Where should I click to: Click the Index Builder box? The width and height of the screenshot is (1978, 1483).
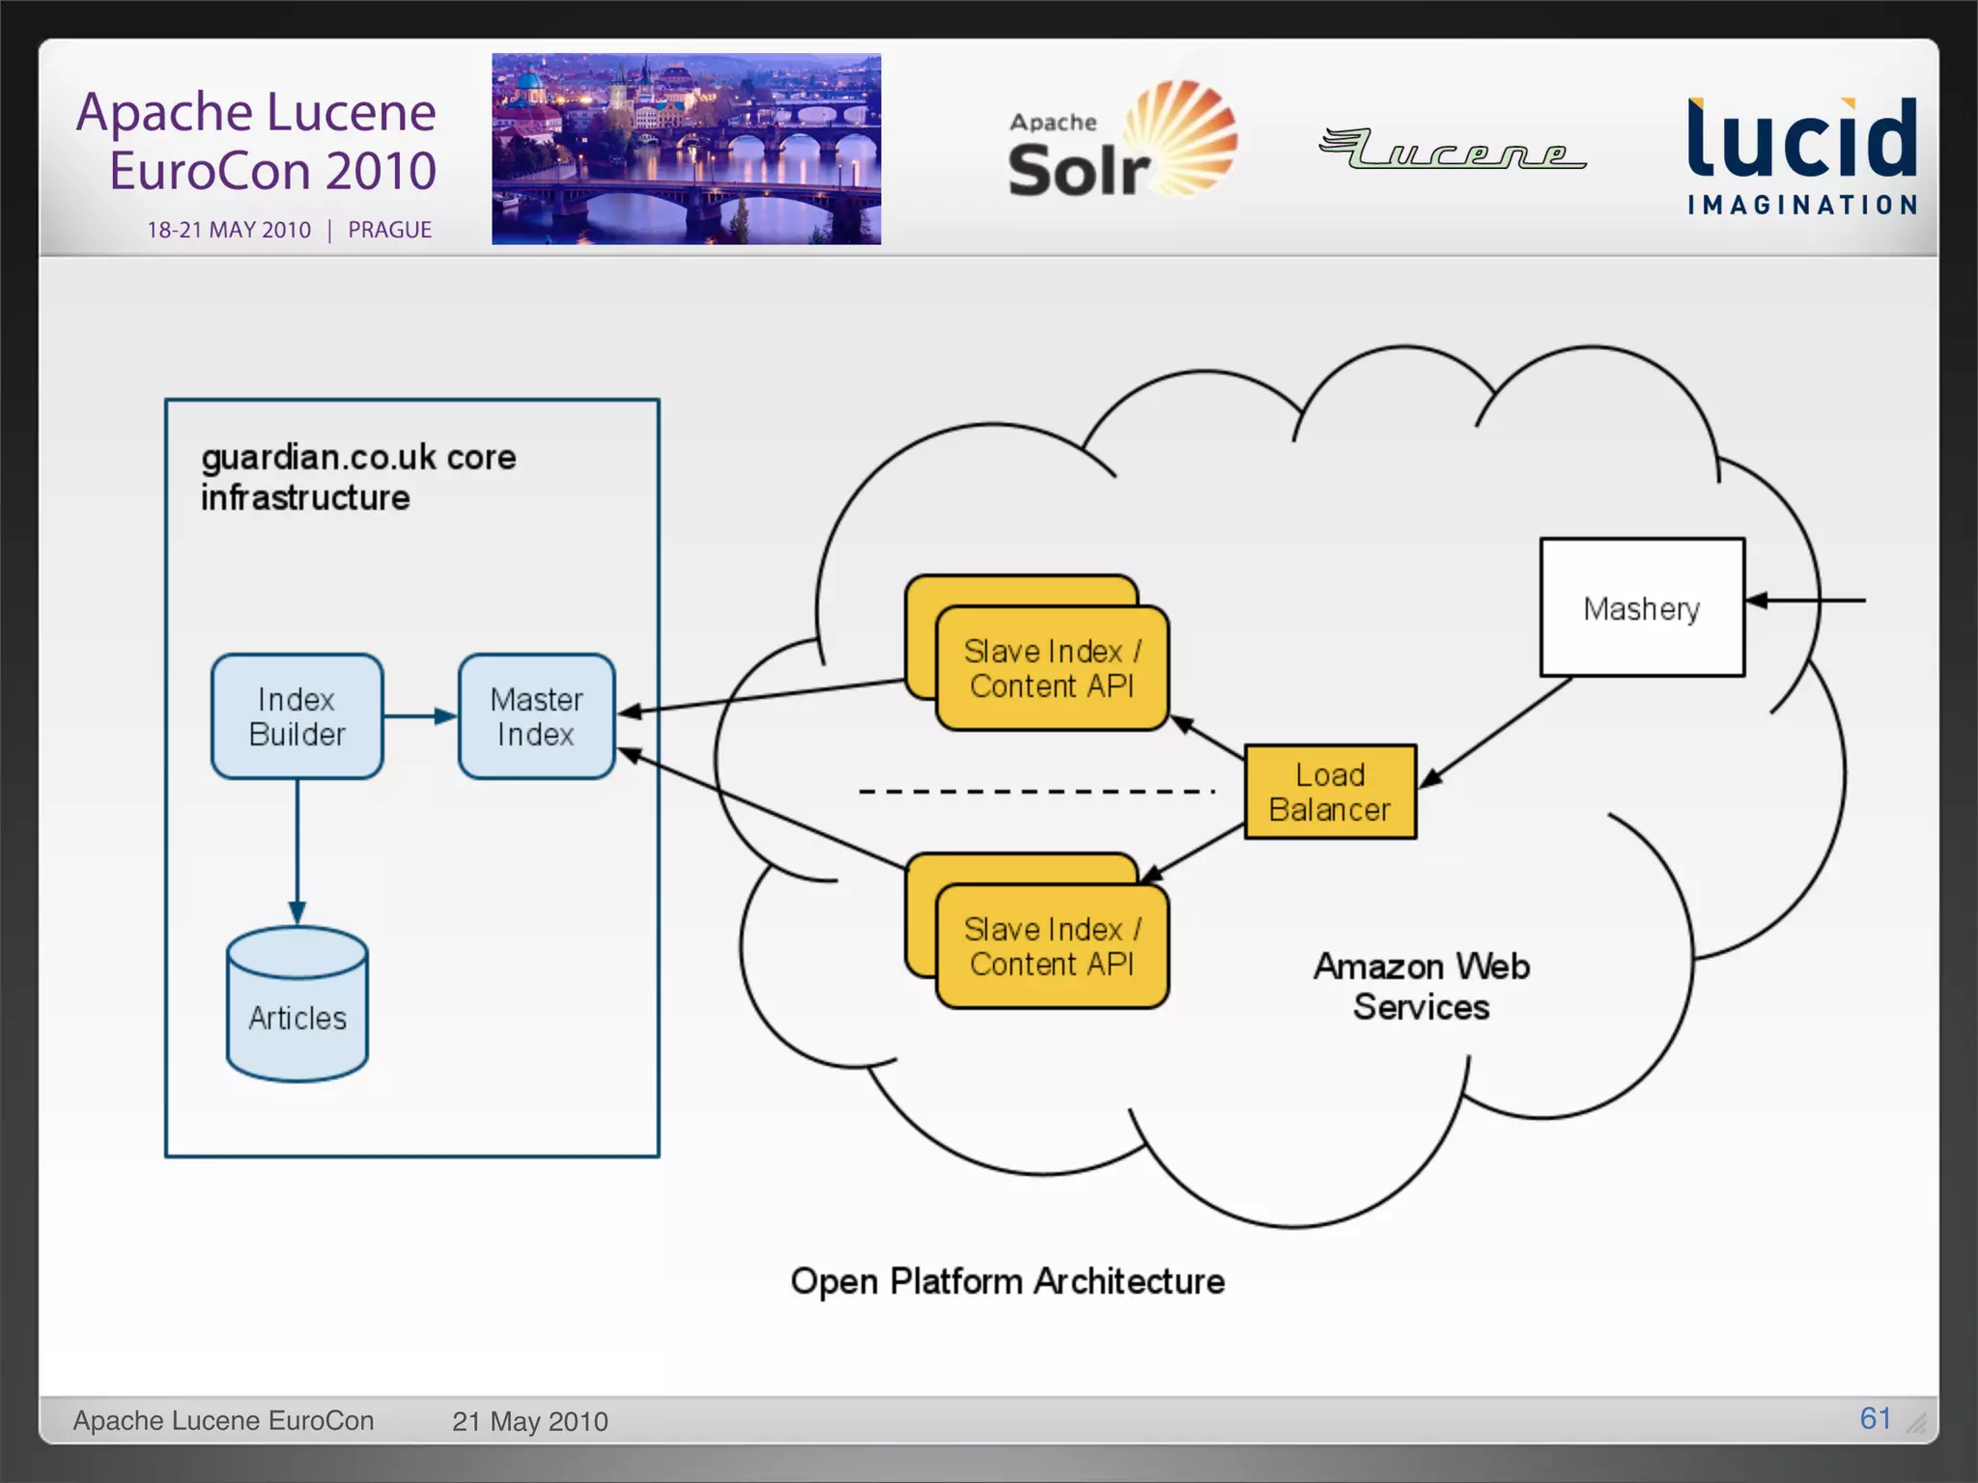click(x=297, y=716)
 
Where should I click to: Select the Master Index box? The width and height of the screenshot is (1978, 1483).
click(x=536, y=716)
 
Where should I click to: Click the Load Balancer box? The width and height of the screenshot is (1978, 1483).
click(x=1330, y=792)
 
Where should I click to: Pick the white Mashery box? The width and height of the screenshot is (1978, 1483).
click(x=1641, y=607)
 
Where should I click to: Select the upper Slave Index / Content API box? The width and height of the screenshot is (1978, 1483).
click(x=1052, y=668)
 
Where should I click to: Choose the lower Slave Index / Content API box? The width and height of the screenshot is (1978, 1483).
click(x=1052, y=946)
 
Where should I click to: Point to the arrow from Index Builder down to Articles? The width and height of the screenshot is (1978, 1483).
click(x=297, y=850)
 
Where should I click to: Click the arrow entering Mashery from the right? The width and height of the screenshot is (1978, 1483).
click(x=1806, y=601)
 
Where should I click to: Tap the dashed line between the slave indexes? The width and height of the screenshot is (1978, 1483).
click(x=1035, y=792)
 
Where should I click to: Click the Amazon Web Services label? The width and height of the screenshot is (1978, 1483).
click(x=1421, y=986)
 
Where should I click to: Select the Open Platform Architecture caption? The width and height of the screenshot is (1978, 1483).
click(x=1007, y=1281)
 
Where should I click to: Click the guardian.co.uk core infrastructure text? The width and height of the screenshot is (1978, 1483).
click(x=357, y=477)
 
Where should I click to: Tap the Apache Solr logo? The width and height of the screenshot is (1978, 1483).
click(x=1120, y=143)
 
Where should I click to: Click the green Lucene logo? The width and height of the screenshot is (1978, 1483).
click(x=1452, y=150)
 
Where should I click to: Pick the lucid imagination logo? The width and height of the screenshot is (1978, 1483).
click(x=1801, y=154)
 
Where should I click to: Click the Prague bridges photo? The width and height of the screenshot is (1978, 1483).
click(x=686, y=149)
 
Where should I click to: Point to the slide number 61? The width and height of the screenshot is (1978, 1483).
click(x=1875, y=1417)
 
